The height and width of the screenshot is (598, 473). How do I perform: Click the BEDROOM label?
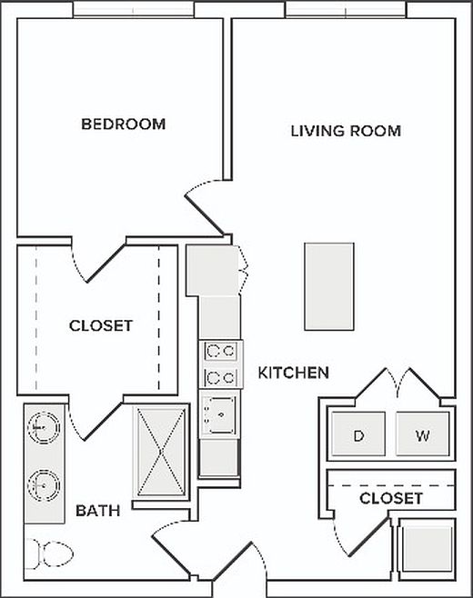coord(124,124)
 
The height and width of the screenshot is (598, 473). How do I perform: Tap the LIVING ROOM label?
coord(346,131)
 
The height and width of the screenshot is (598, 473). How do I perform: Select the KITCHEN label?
coord(293,373)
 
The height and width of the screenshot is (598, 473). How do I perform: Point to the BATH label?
coord(98,511)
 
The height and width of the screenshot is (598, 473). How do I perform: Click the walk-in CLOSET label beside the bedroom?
coord(101,325)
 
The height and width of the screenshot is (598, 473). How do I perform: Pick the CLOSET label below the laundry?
coord(391,499)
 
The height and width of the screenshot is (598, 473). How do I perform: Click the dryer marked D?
coord(358,435)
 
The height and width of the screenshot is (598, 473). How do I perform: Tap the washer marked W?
coord(422,435)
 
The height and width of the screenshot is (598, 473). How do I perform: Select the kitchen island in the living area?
coord(329,286)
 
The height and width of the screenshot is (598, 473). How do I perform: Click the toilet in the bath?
coord(51,553)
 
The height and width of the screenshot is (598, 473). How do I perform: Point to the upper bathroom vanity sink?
coord(42,425)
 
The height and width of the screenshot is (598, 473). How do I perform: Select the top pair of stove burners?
coord(220,350)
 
